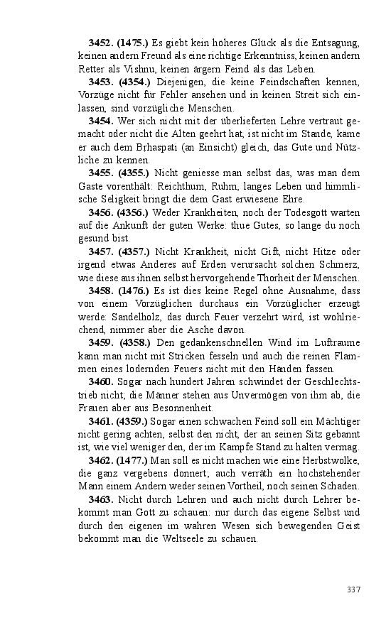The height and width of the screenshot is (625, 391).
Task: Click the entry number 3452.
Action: pyautogui.click(x=101, y=43)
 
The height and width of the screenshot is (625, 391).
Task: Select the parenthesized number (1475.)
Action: pyautogui.click(x=133, y=43)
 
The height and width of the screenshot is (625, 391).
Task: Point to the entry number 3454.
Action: pyautogui.click(x=101, y=121)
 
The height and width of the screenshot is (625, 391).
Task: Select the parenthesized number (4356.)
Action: pyautogui.click(x=133, y=212)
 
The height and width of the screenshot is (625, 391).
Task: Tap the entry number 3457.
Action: pyautogui.click(x=101, y=251)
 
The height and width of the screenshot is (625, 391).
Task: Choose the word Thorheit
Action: pyautogui.click(x=265, y=277)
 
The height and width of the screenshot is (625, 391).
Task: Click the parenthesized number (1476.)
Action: pyautogui.click(x=133, y=290)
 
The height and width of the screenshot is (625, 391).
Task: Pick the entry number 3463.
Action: pyautogui.click(x=101, y=499)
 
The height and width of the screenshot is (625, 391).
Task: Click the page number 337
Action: pyautogui.click(x=354, y=589)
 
